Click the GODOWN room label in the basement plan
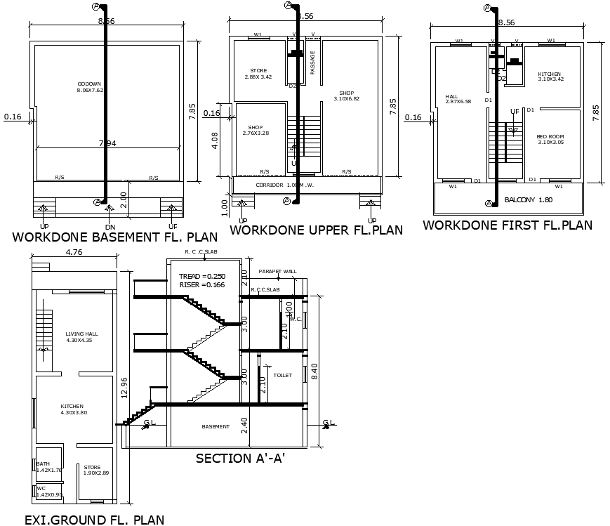tap(90, 87)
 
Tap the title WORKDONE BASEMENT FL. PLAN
tap(114, 237)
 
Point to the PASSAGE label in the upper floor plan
tap(312, 63)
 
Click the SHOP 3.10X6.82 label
tap(346, 96)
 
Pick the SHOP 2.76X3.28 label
tap(256, 130)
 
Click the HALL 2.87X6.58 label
tap(458, 99)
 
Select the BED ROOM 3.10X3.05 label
tap(550, 139)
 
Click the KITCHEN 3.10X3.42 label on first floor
tap(550, 77)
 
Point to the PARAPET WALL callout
tap(278, 271)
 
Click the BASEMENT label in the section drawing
tap(216, 426)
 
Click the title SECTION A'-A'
tap(239, 459)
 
